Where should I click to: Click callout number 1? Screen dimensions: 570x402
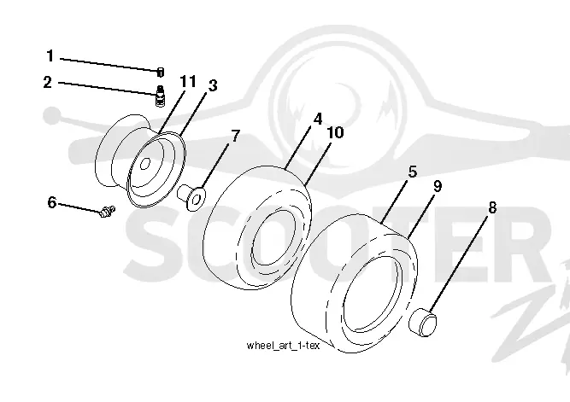click(50, 56)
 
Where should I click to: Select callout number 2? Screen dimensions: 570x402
click(48, 83)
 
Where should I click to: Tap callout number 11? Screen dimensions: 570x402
click(188, 81)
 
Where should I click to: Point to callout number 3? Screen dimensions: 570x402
click(213, 85)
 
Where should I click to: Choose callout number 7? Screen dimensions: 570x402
click(236, 136)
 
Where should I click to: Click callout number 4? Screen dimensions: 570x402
click(318, 119)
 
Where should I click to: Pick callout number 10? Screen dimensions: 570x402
click(335, 132)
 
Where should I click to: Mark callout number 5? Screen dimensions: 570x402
click(413, 172)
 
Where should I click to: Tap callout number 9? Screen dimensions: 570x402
click(438, 186)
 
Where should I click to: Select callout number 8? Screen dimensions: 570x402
click(492, 208)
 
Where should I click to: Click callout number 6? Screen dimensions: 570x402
click(52, 202)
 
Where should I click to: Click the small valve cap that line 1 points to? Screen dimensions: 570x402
click(161, 73)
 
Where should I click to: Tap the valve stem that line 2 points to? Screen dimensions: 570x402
click(160, 96)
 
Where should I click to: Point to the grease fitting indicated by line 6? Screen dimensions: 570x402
click(107, 211)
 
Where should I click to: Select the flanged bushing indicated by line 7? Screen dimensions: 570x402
click(191, 197)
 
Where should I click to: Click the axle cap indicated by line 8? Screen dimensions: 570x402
click(423, 322)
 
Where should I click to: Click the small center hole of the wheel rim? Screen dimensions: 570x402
click(144, 164)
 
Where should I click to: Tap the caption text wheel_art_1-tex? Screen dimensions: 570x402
click(283, 346)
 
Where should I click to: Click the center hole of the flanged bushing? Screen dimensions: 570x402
click(197, 199)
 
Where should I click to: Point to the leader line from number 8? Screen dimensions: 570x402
click(458, 263)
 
